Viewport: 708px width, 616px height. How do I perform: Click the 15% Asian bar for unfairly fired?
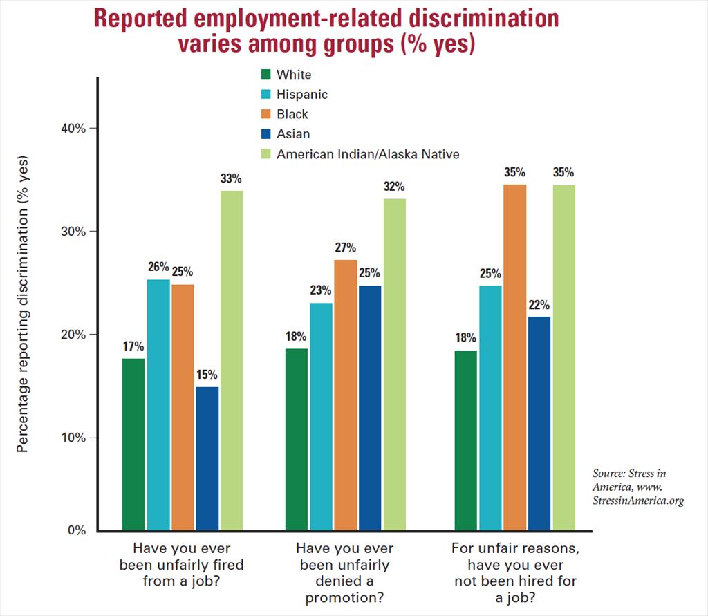(x=207, y=458)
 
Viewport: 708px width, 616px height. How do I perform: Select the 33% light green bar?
(x=232, y=360)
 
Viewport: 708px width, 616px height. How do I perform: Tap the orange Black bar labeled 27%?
(x=346, y=394)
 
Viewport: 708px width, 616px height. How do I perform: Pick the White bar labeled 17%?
(x=133, y=444)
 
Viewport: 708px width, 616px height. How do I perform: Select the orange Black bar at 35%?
(x=514, y=357)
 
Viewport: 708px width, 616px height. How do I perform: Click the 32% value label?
(x=394, y=187)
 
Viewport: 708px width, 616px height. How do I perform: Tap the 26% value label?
(x=158, y=268)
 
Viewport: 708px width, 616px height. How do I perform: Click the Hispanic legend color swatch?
(x=265, y=94)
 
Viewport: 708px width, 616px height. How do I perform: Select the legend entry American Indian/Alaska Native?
(x=367, y=154)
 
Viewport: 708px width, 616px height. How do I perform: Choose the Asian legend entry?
(x=292, y=134)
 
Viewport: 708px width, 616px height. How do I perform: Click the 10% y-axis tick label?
(x=72, y=438)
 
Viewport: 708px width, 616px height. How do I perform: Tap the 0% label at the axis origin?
(x=76, y=531)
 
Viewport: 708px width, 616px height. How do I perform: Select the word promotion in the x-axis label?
(x=344, y=597)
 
